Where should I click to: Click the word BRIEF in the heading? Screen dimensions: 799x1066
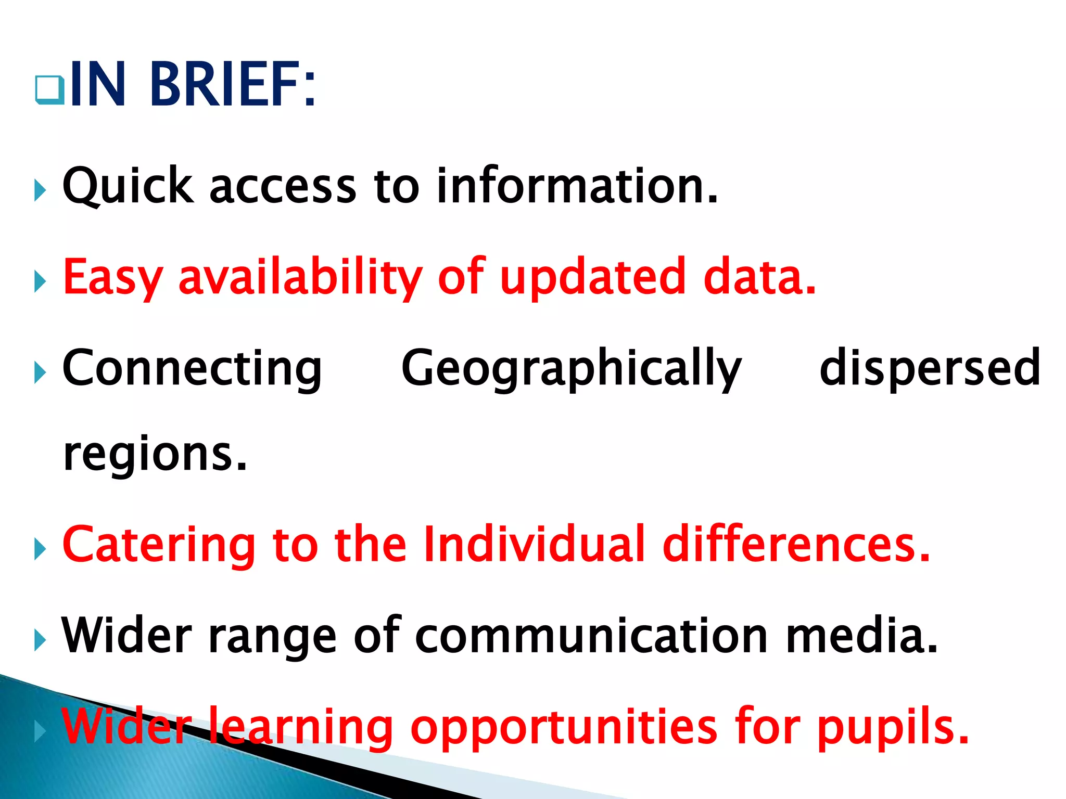[232, 84]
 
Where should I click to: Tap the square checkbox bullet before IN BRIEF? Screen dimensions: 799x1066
[50, 89]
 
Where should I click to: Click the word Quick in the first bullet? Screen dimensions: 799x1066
[128, 186]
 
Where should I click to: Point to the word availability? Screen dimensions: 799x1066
[300, 277]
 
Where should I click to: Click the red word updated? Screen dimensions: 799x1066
[592, 277]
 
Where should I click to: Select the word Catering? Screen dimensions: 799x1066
[159, 545]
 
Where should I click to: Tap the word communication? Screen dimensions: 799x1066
[591, 636]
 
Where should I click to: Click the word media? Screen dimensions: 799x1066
[861, 636]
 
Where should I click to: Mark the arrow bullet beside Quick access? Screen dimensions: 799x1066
[40, 190]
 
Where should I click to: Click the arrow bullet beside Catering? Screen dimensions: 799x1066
[40, 549]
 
